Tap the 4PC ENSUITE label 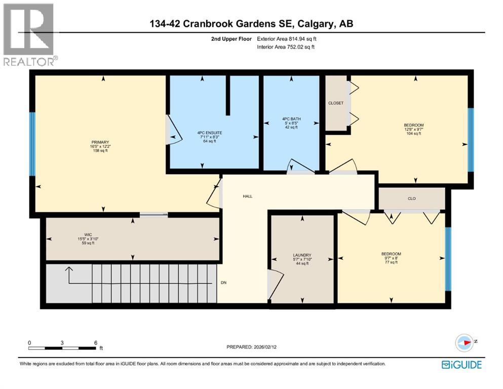[x=210, y=133]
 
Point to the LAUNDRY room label [x=301, y=255]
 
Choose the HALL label [x=247, y=196]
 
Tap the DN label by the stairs [x=223, y=283]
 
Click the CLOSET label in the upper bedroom [x=336, y=103]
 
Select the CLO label [x=411, y=199]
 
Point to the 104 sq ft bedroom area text [x=414, y=134]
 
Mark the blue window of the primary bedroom [x=32, y=144]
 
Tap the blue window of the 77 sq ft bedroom [x=448, y=258]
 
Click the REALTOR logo [x=29, y=34]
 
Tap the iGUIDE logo [x=461, y=365]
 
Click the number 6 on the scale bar [x=95, y=342]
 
